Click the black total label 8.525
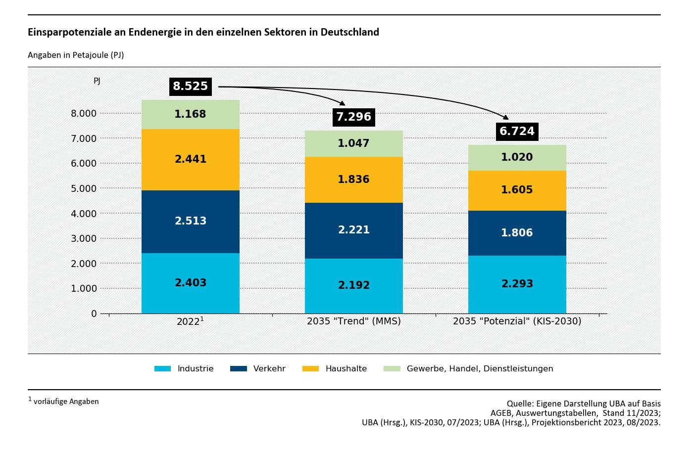coord(190,87)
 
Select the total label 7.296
coord(353,117)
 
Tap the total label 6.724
coord(517,131)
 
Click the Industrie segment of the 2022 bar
coord(191,283)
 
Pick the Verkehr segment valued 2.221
coord(353,230)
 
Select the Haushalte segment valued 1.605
coord(517,190)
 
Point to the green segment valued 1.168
coord(191,114)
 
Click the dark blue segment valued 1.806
coord(517,233)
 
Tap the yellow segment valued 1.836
coord(353,180)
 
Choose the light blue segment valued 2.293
coord(517,284)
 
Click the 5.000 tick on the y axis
coord(84,188)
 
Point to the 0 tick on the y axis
coord(94,314)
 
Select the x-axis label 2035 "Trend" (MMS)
coord(353,321)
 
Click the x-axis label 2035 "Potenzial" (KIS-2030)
coord(517,321)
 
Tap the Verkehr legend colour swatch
coord(239,369)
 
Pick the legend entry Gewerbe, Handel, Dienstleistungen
coord(480,369)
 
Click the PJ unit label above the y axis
coord(97,81)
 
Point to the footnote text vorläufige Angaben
coord(66,402)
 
